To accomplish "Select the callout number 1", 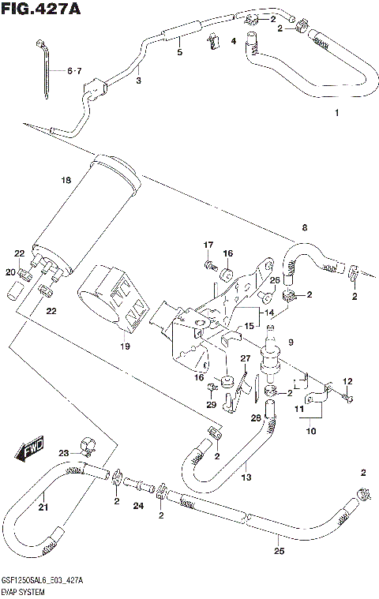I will [x=336, y=114].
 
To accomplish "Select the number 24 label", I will [x=139, y=506].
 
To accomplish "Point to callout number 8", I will [x=304, y=228].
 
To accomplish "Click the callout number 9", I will [x=290, y=342].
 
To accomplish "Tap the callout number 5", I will [x=180, y=52].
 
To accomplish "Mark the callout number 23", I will [x=63, y=452].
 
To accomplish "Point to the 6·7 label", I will [x=73, y=72].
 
